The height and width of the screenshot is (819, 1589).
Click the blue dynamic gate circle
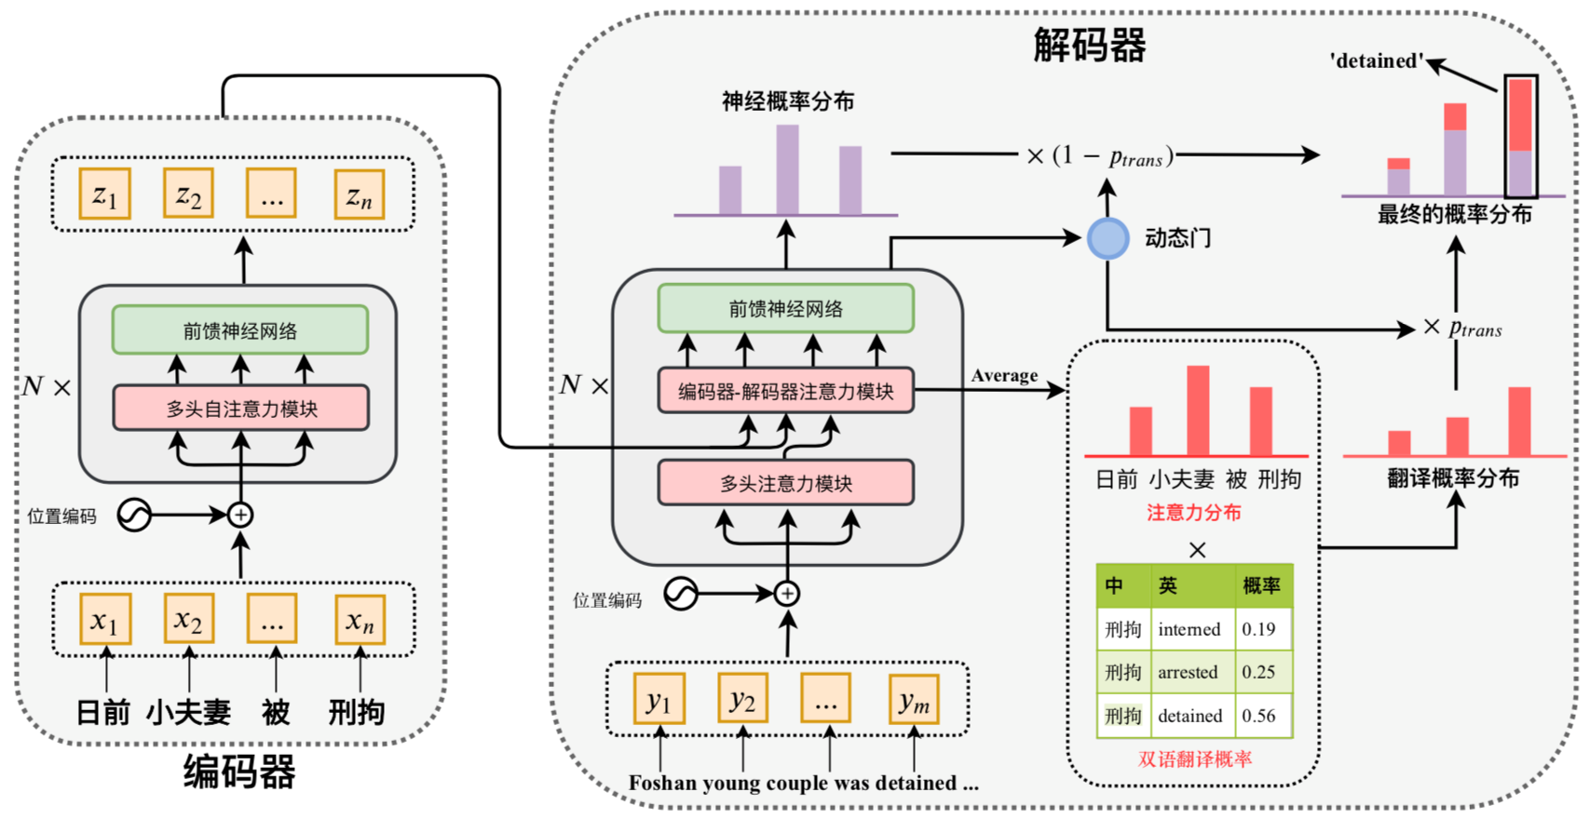coord(1107,238)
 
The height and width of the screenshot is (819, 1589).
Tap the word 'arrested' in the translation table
coord(1188,672)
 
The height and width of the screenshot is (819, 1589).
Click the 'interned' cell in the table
coord(1188,629)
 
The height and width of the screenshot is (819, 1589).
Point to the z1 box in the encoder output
coord(104,195)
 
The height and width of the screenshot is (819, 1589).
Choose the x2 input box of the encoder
coord(188,619)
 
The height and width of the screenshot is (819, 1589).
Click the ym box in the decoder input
coord(913,700)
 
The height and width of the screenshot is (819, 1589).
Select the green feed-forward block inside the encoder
coord(240,330)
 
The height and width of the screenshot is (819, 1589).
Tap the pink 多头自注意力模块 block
coord(241,409)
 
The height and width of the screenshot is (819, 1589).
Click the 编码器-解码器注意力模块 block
coord(785,391)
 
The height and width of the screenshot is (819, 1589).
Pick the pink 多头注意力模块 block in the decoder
coord(785,483)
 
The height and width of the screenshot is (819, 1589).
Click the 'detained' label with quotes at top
coord(1377,61)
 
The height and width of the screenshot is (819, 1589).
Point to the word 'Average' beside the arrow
coord(1004,375)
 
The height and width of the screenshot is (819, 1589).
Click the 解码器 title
coord(1089,45)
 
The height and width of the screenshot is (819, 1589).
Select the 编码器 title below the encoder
coord(239,772)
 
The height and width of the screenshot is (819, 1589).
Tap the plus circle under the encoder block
coord(240,515)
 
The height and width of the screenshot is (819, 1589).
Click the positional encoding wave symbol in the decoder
coord(681,594)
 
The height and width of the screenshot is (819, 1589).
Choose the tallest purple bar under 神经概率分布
coord(787,169)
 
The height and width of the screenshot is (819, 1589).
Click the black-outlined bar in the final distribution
coord(1520,136)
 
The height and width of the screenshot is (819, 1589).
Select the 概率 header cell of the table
coord(1261,585)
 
